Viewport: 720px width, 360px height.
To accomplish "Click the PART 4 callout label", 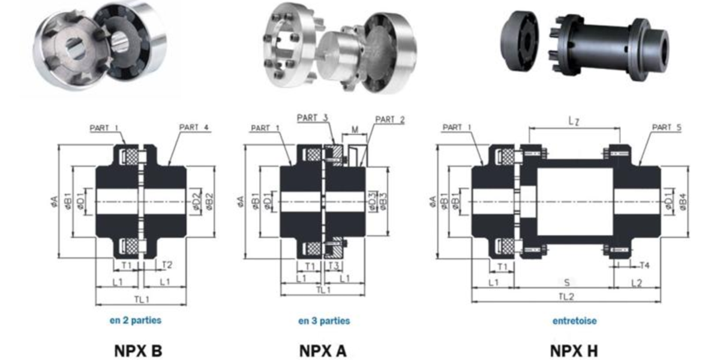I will (x=194, y=127).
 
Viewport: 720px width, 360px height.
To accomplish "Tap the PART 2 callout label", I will (x=390, y=120).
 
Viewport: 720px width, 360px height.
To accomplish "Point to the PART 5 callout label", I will (x=667, y=127).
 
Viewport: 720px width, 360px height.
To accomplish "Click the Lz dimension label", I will (x=574, y=121).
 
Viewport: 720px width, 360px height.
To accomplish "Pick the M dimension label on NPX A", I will (x=356, y=129).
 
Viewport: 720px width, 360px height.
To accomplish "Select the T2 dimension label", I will (x=167, y=265).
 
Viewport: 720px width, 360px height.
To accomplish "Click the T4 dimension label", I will (x=645, y=265).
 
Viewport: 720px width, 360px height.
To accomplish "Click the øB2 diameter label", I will (x=209, y=203).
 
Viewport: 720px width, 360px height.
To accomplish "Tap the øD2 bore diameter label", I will (x=196, y=203).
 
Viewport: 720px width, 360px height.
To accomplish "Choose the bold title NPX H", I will (x=574, y=350).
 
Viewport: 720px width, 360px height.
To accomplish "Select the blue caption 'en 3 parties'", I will (x=324, y=321).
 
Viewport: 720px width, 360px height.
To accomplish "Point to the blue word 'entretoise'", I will (x=574, y=321).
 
